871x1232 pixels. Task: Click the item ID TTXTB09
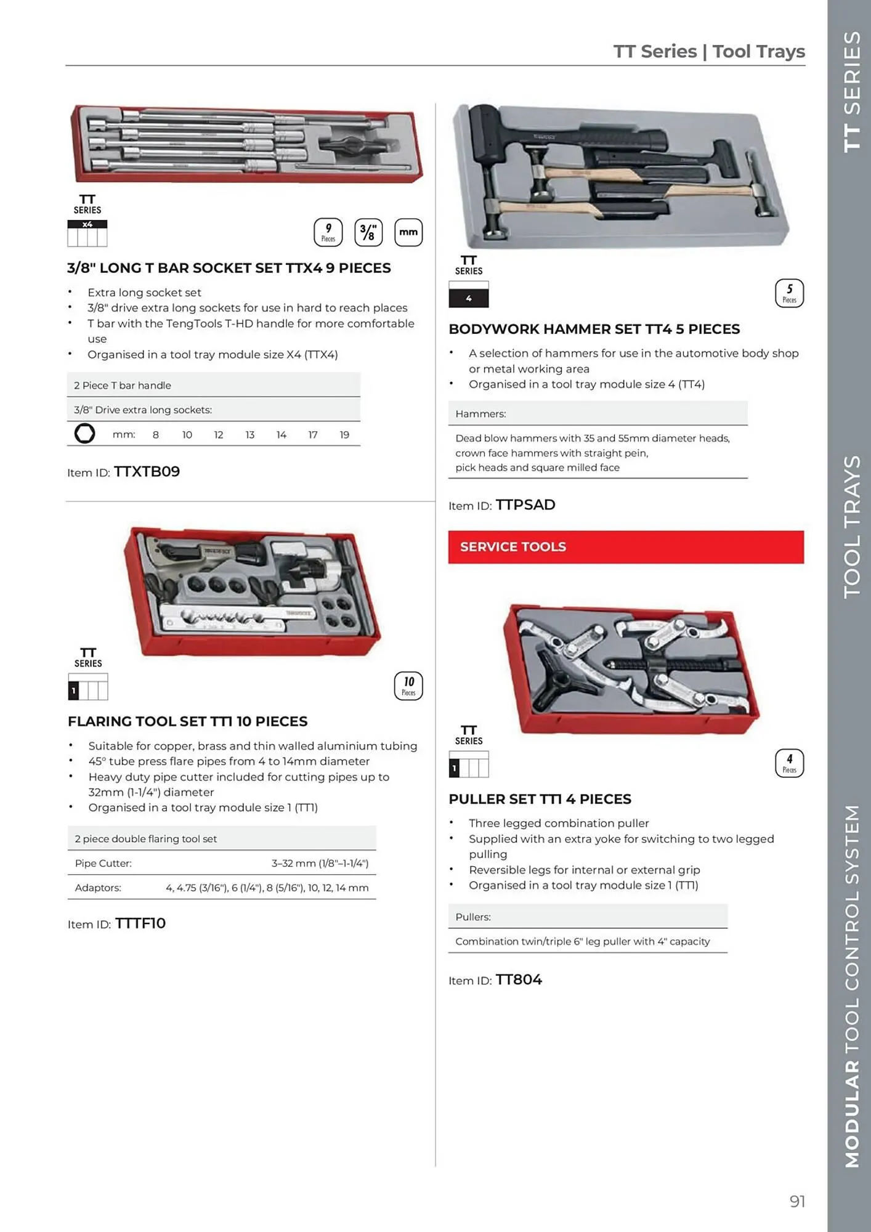pos(147,472)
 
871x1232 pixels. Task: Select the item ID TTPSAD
pos(525,505)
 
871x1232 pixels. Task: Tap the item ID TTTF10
pos(140,923)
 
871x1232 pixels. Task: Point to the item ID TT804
pos(518,980)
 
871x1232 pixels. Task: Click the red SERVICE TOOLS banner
pos(625,547)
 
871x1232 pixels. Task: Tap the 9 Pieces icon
pos(328,232)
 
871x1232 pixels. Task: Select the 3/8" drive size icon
pos(368,232)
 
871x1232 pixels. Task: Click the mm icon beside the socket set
pos(408,232)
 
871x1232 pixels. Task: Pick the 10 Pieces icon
pos(408,686)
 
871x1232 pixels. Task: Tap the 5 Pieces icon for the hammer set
pos(789,293)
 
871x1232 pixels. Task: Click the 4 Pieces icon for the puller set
pos(789,763)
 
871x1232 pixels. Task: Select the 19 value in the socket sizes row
pos(344,435)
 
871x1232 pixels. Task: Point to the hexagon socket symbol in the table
pos(84,434)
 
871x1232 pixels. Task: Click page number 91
pos(797,1201)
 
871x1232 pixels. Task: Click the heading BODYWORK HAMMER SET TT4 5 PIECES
pos(594,330)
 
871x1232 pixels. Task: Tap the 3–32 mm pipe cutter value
pos(320,864)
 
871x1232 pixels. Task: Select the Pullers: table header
pos(473,917)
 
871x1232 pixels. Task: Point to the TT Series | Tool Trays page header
pos(708,51)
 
